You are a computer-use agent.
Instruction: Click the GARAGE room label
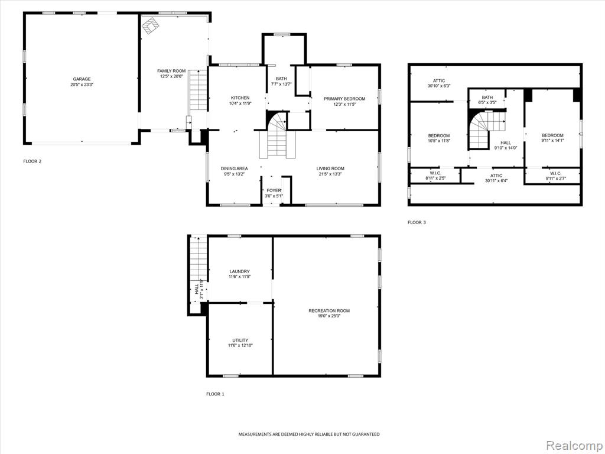[x=82, y=79]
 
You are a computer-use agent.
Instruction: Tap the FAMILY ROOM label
[x=171, y=71]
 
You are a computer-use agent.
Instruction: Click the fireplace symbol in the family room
[x=151, y=26]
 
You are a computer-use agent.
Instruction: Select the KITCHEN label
[x=240, y=98]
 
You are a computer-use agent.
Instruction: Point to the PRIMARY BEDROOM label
[x=344, y=99]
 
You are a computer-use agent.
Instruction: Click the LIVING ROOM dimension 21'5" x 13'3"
[x=330, y=174]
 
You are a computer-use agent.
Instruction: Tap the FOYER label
[x=274, y=191]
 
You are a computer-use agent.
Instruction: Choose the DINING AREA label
[x=234, y=168]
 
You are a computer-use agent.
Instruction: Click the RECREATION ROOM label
[x=329, y=311]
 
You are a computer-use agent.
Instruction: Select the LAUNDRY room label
[x=240, y=271]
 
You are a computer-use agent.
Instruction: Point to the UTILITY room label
[x=240, y=340]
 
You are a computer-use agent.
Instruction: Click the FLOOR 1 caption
[x=215, y=394]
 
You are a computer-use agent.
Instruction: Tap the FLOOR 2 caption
[x=32, y=161]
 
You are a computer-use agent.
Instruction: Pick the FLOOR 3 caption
[x=417, y=222]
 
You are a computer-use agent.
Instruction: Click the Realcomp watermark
[x=573, y=446]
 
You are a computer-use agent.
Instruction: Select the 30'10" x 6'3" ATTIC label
[x=439, y=80]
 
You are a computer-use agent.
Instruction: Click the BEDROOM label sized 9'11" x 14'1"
[x=552, y=135]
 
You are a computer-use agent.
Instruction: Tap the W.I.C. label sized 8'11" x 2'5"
[x=435, y=173]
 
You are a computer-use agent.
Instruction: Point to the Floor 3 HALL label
[x=506, y=143]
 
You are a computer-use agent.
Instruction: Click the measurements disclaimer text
[x=308, y=434]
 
